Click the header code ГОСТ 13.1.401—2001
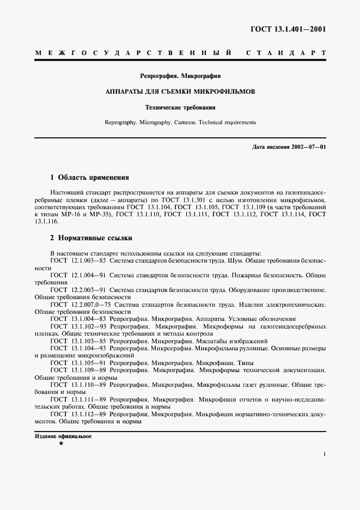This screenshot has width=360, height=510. point(295,29)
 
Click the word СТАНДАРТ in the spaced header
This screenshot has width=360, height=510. point(286,53)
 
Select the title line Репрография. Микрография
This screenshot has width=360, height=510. point(180,76)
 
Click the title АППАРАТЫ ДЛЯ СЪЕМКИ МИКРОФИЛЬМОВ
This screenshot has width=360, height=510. point(180,92)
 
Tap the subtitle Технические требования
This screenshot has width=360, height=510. point(180,107)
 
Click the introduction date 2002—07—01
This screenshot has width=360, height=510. point(307,148)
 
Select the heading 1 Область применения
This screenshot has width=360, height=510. point(89,178)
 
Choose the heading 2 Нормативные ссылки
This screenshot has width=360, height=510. point(91,238)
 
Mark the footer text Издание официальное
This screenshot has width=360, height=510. point(63,436)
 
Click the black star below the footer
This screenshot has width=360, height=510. point(61,444)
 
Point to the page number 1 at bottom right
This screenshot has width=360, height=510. point(324,453)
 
